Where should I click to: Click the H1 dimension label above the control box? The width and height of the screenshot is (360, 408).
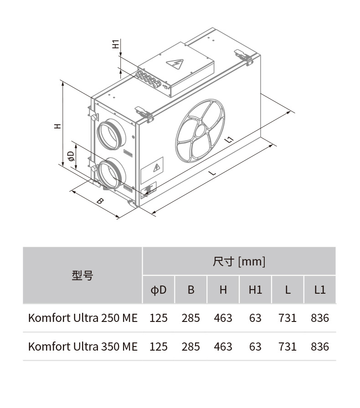(x=116, y=44)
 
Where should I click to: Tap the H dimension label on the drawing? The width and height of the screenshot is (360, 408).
(x=57, y=126)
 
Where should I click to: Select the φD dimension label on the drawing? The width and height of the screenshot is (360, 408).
(x=71, y=156)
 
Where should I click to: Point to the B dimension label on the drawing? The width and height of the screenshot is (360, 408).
(x=100, y=201)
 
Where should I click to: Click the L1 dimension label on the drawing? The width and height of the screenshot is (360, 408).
(x=229, y=140)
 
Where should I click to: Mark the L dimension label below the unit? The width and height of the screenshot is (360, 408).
(x=213, y=173)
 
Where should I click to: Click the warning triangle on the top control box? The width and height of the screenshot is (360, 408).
(x=175, y=64)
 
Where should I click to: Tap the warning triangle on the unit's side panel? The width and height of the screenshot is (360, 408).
(x=157, y=168)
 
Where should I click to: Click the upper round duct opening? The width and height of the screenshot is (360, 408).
(x=111, y=134)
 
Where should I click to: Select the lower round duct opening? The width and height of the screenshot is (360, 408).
(x=111, y=173)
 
